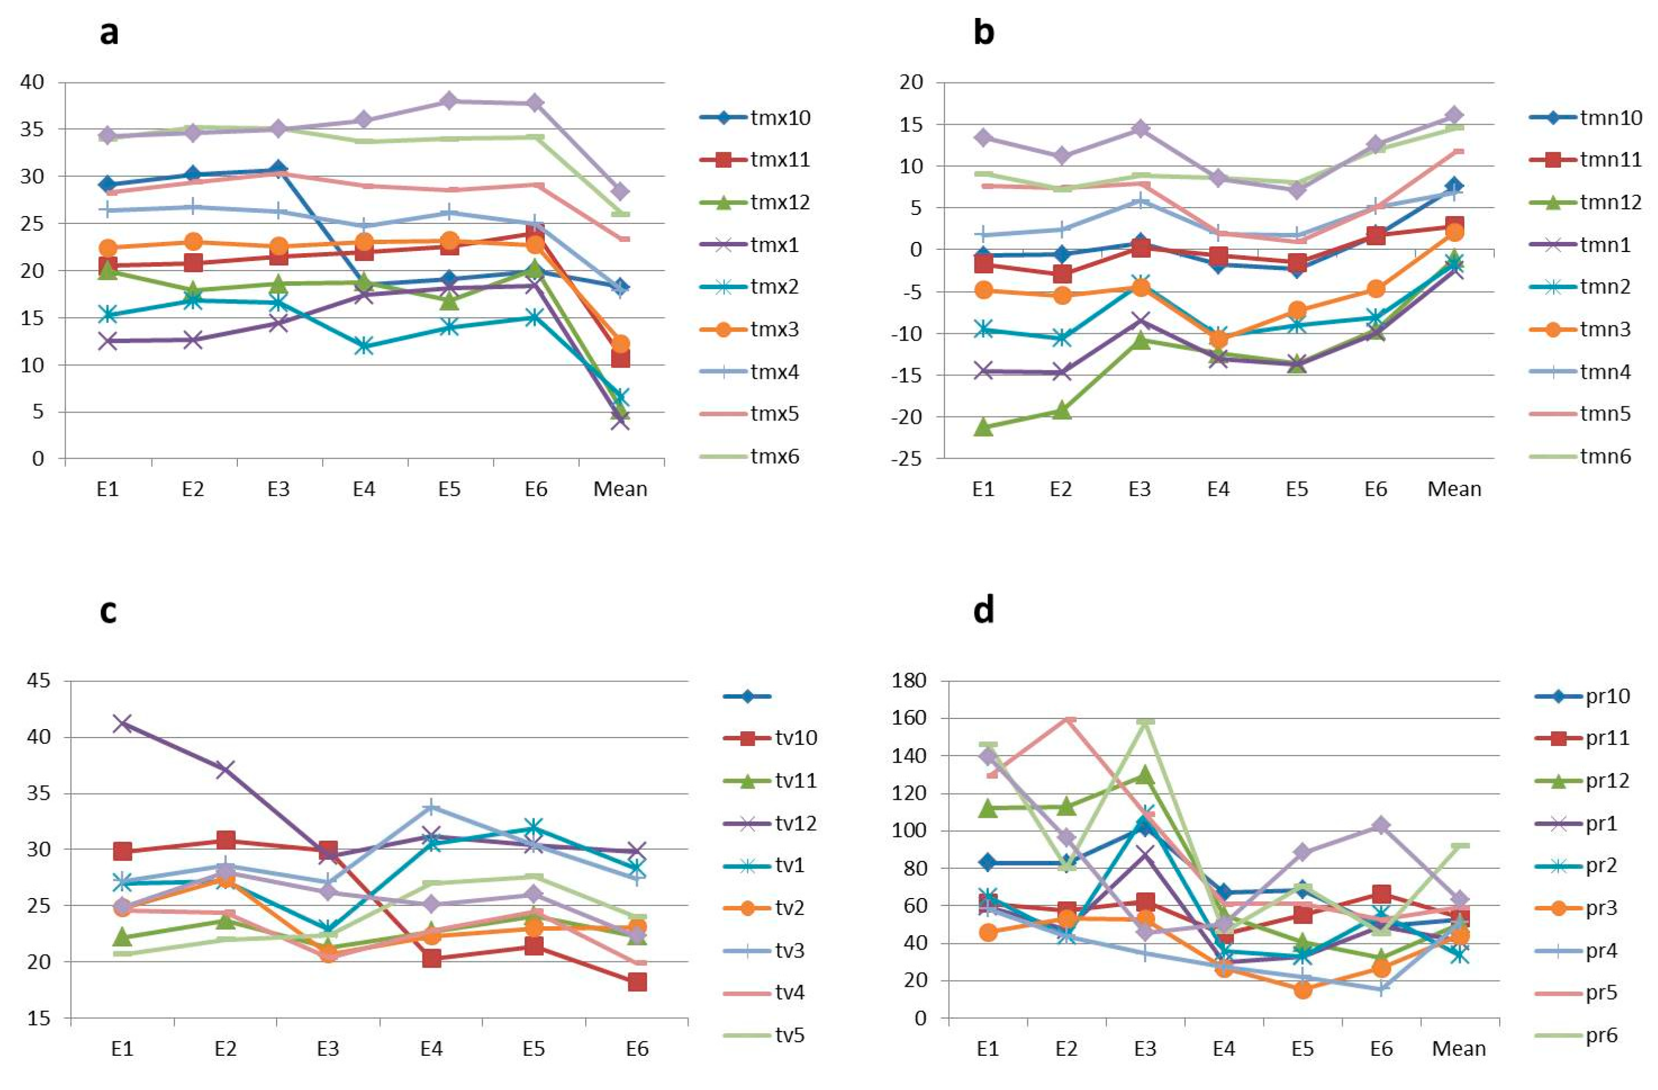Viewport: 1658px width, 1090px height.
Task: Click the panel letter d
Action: pyautogui.click(x=983, y=609)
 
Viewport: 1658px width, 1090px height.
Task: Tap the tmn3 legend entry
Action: pyautogui.click(x=1580, y=329)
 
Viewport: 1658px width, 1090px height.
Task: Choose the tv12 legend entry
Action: pyautogui.click(x=770, y=823)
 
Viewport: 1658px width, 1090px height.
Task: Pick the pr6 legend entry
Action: pyautogui.click(x=1576, y=1035)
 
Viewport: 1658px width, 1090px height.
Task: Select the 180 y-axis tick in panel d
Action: pyautogui.click(x=908, y=680)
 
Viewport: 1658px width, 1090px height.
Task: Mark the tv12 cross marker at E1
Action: pyautogui.click(x=123, y=723)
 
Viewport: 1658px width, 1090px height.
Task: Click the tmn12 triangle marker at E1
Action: pyautogui.click(x=983, y=427)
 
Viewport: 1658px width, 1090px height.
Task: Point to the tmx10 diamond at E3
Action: pyautogui.click(x=279, y=170)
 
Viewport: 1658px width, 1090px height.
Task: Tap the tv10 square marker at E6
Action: pyautogui.click(x=637, y=982)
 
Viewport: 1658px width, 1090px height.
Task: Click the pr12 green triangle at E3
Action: pyautogui.click(x=1145, y=775)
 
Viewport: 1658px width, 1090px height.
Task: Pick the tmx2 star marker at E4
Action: pyautogui.click(x=364, y=346)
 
